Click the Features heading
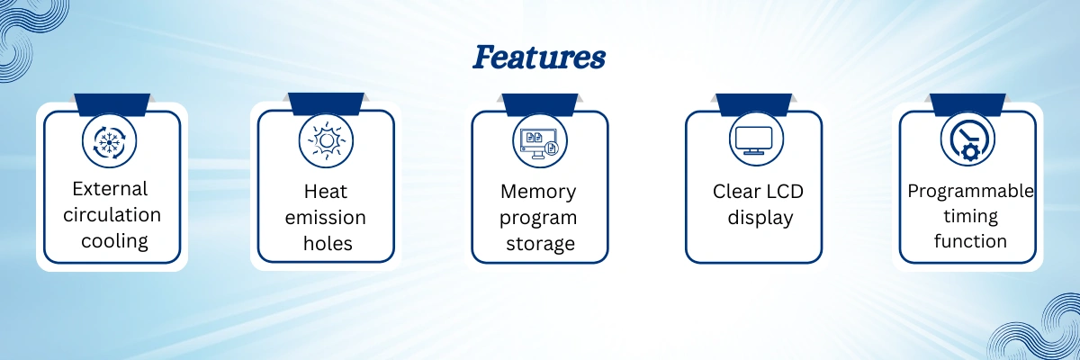(x=539, y=58)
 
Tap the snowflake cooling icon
(x=110, y=141)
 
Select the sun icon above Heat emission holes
(x=326, y=141)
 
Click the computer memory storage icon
(x=540, y=141)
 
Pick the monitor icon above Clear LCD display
(x=754, y=139)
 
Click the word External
(x=110, y=189)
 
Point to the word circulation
(x=112, y=215)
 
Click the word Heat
(x=326, y=192)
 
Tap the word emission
(x=326, y=217)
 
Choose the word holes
(x=326, y=243)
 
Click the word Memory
(x=538, y=192)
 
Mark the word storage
(x=538, y=243)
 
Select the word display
(x=754, y=217)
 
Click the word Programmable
(x=970, y=191)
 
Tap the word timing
(x=970, y=216)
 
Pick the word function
(x=970, y=241)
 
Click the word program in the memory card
(x=538, y=218)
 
